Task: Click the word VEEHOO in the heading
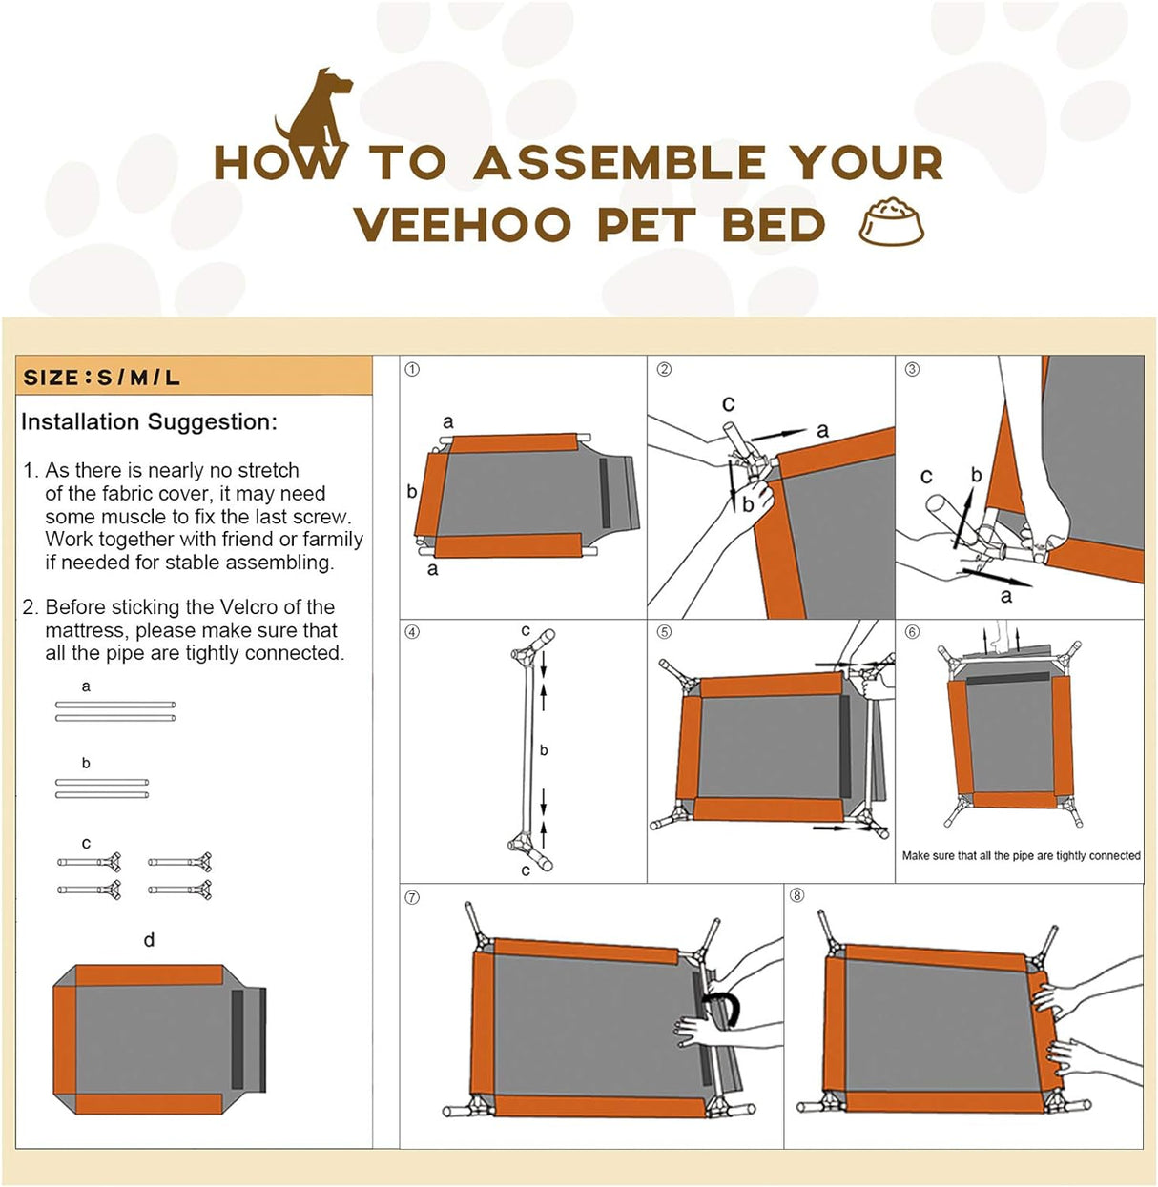pos(462,226)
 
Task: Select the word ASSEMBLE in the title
pos(619,163)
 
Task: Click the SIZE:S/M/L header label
pos(101,378)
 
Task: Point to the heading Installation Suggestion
pos(149,422)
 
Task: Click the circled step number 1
pos(412,370)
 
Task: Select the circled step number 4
pos(412,632)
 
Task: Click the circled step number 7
pos(412,897)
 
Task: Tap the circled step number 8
pos(797,895)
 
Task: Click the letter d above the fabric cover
pos(149,940)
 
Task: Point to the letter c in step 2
pos(728,403)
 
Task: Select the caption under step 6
pos(1021,856)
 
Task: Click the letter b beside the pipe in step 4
pos(544,750)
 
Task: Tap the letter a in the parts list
pos(86,686)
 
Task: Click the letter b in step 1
pos(411,492)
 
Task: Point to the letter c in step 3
pos(926,476)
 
